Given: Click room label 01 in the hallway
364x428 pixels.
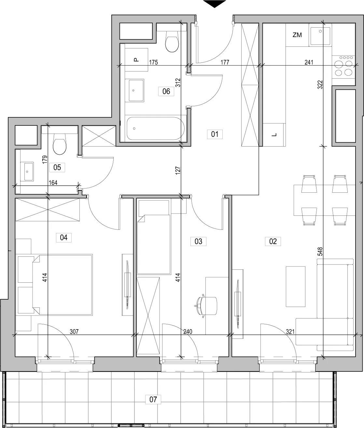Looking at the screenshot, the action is tap(215, 134).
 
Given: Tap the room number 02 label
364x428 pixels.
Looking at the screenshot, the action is tap(273, 241).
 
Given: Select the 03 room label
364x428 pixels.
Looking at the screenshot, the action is tap(198, 241).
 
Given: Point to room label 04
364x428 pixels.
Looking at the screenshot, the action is tap(64, 238).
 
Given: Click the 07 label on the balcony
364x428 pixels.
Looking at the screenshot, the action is tap(153, 399).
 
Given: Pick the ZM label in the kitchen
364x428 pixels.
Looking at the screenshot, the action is tap(297, 35).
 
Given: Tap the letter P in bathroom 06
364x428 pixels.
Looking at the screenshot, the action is tap(136, 60).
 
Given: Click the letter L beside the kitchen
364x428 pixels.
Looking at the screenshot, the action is tap(274, 135).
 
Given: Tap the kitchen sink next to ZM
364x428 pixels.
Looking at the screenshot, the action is tap(320, 35).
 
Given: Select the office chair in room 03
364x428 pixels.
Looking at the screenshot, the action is tap(206, 305).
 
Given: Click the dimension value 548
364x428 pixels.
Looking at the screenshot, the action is tap(320, 252).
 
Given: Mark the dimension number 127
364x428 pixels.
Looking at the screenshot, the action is tap(178, 170).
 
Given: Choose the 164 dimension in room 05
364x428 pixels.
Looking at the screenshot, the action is tap(53, 183).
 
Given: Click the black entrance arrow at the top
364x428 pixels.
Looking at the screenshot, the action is tap(215, 4).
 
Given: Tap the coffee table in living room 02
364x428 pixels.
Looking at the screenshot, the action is tap(296, 286).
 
